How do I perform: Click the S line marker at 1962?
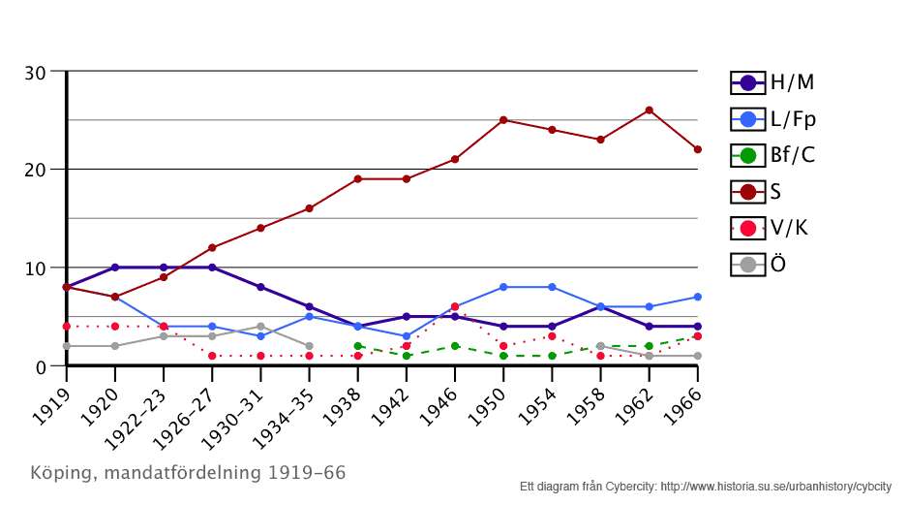tap(649, 110)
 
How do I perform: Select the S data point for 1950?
tap(503, 120)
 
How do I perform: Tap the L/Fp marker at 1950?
tap(503, 287)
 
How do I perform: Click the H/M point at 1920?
tap(115, 268)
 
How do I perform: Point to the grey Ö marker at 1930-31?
tap(260, 327)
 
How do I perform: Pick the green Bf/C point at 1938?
tap(357, 346)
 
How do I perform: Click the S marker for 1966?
tap(697, 149)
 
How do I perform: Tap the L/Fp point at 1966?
tap(697, 297)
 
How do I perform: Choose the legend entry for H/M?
tap(772, 82)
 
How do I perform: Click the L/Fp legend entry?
tap(772, 119)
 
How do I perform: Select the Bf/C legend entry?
tap(772, 155)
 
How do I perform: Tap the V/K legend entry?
tap(772, 228)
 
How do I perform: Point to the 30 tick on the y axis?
tap(36, 73)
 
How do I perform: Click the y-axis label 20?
tap(36, 170)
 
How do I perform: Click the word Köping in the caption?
tap(63, 473)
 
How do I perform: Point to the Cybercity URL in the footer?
tap(775, 487)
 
